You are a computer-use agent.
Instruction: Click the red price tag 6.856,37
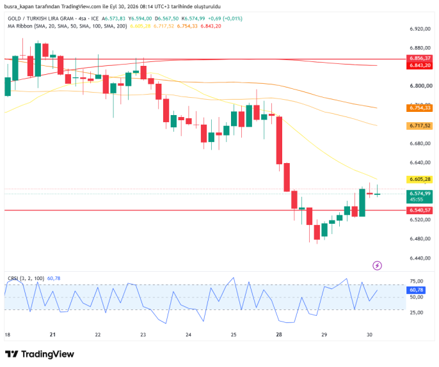point(419,58)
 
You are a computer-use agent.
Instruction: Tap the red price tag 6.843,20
point(419,65)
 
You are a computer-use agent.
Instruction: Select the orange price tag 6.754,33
point(419,108)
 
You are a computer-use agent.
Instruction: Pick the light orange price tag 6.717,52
point(419,125)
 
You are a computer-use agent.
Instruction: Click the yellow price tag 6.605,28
point(419,179)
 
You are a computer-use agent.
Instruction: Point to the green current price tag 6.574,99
point(419,196)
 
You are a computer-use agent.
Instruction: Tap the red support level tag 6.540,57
point(419,210)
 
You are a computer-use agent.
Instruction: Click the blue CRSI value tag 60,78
point(416,290)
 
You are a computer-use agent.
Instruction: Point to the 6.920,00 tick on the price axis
point(420,29)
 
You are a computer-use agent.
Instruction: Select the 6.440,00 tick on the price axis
point(420,258)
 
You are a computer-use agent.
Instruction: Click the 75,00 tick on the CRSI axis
point(417,281)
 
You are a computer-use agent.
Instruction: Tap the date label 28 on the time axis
point(279,334)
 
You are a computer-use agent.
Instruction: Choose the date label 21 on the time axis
point(52,334)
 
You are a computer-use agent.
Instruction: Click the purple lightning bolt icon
point(377,265)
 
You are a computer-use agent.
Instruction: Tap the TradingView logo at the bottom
point(40,354)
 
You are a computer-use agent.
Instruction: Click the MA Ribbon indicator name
point(20,26)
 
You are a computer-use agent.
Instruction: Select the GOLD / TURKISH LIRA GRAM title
point(40,19)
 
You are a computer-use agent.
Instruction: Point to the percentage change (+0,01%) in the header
point(233,19)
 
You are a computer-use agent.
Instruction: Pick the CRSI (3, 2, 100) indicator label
point(26,278)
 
